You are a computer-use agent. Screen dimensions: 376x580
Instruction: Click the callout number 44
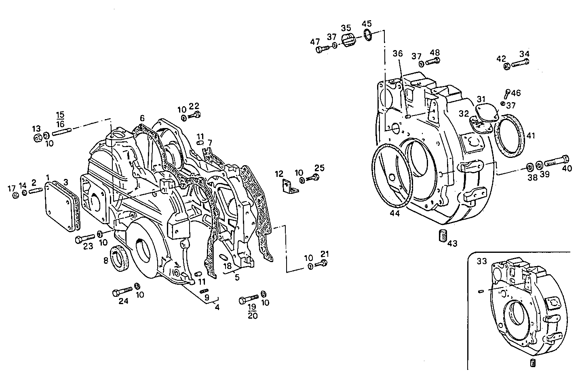click(394, 213)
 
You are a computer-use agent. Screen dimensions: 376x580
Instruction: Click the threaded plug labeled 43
click(443, 235)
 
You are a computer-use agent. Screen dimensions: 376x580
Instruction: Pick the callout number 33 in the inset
click(481, 261)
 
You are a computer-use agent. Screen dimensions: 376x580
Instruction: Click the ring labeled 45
click(367, 35)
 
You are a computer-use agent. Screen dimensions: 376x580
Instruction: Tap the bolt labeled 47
click(322, 50)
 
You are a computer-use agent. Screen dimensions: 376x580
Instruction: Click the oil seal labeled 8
click(121, 258)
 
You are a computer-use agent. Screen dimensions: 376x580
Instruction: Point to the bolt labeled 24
click(122, 291)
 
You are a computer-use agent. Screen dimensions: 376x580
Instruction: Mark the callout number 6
click(142, 118)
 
